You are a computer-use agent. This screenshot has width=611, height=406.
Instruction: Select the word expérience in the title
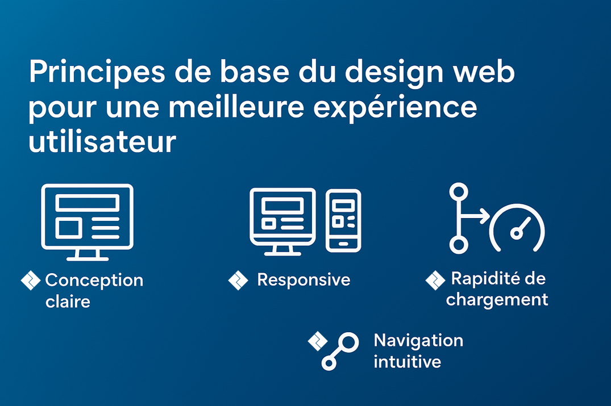tap(395, 108)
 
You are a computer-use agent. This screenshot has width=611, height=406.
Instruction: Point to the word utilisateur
tap(102, 141)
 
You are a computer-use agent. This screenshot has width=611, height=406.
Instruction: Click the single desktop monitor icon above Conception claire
tap(88, 222)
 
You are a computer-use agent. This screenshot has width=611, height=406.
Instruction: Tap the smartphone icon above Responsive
tap(343, 221)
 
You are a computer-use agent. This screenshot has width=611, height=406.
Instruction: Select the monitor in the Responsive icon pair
tap(282, 221)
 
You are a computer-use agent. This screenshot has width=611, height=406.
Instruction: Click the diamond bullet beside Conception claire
tap(30, 281)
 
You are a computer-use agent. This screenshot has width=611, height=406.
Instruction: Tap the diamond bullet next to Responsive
tap(238, 281)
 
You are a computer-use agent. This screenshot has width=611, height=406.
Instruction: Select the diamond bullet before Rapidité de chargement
tap(435, 281)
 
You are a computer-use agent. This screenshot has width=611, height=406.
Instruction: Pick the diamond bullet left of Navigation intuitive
tap(318, 341)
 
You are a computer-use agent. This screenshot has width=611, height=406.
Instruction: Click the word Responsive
tap(304, 280)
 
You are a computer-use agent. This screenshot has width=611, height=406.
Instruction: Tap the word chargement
tap(497, 300)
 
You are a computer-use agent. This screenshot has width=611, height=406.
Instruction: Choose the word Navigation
tap(418, 341)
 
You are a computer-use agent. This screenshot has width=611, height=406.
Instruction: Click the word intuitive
tap(407, 362)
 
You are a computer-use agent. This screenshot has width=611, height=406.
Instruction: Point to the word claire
tap(68, 302)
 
